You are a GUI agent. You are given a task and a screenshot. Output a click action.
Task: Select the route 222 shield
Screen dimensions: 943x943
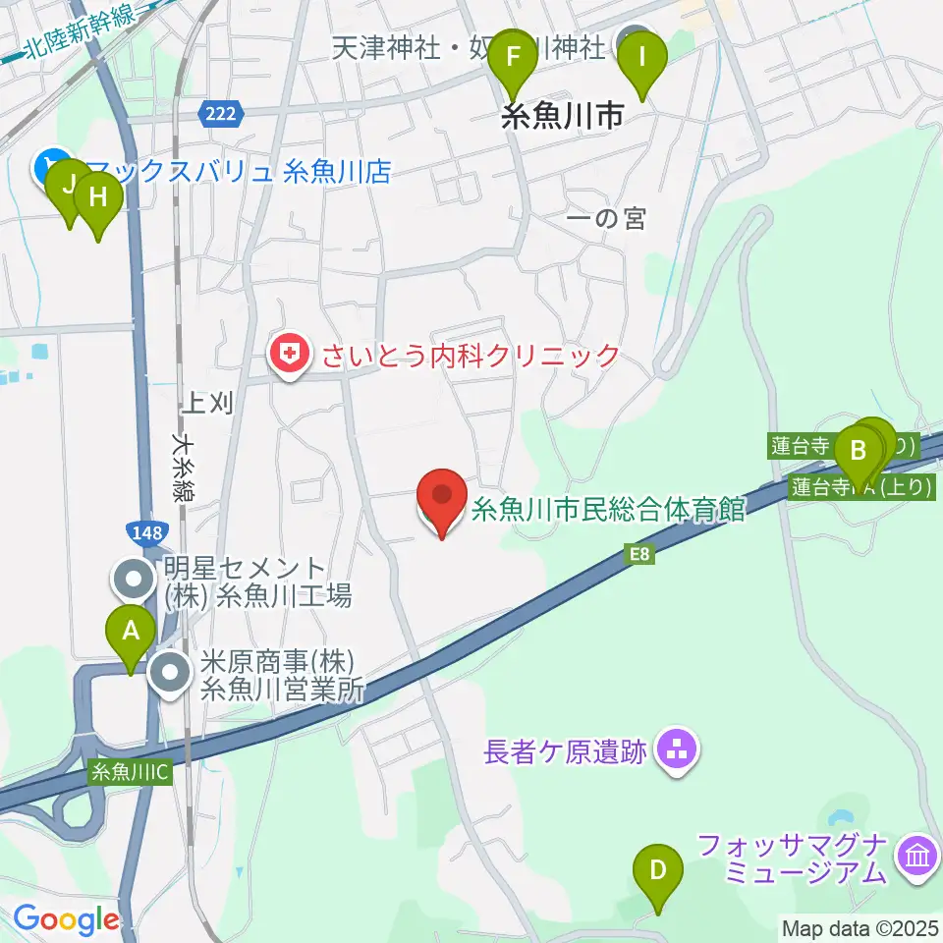point(221,115)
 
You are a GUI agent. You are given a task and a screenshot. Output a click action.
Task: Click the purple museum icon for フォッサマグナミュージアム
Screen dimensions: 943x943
point(918,859)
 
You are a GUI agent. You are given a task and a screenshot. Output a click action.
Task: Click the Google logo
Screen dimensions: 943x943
point(67,920)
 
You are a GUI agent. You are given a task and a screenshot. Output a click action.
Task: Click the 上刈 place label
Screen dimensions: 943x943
point(208,402)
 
